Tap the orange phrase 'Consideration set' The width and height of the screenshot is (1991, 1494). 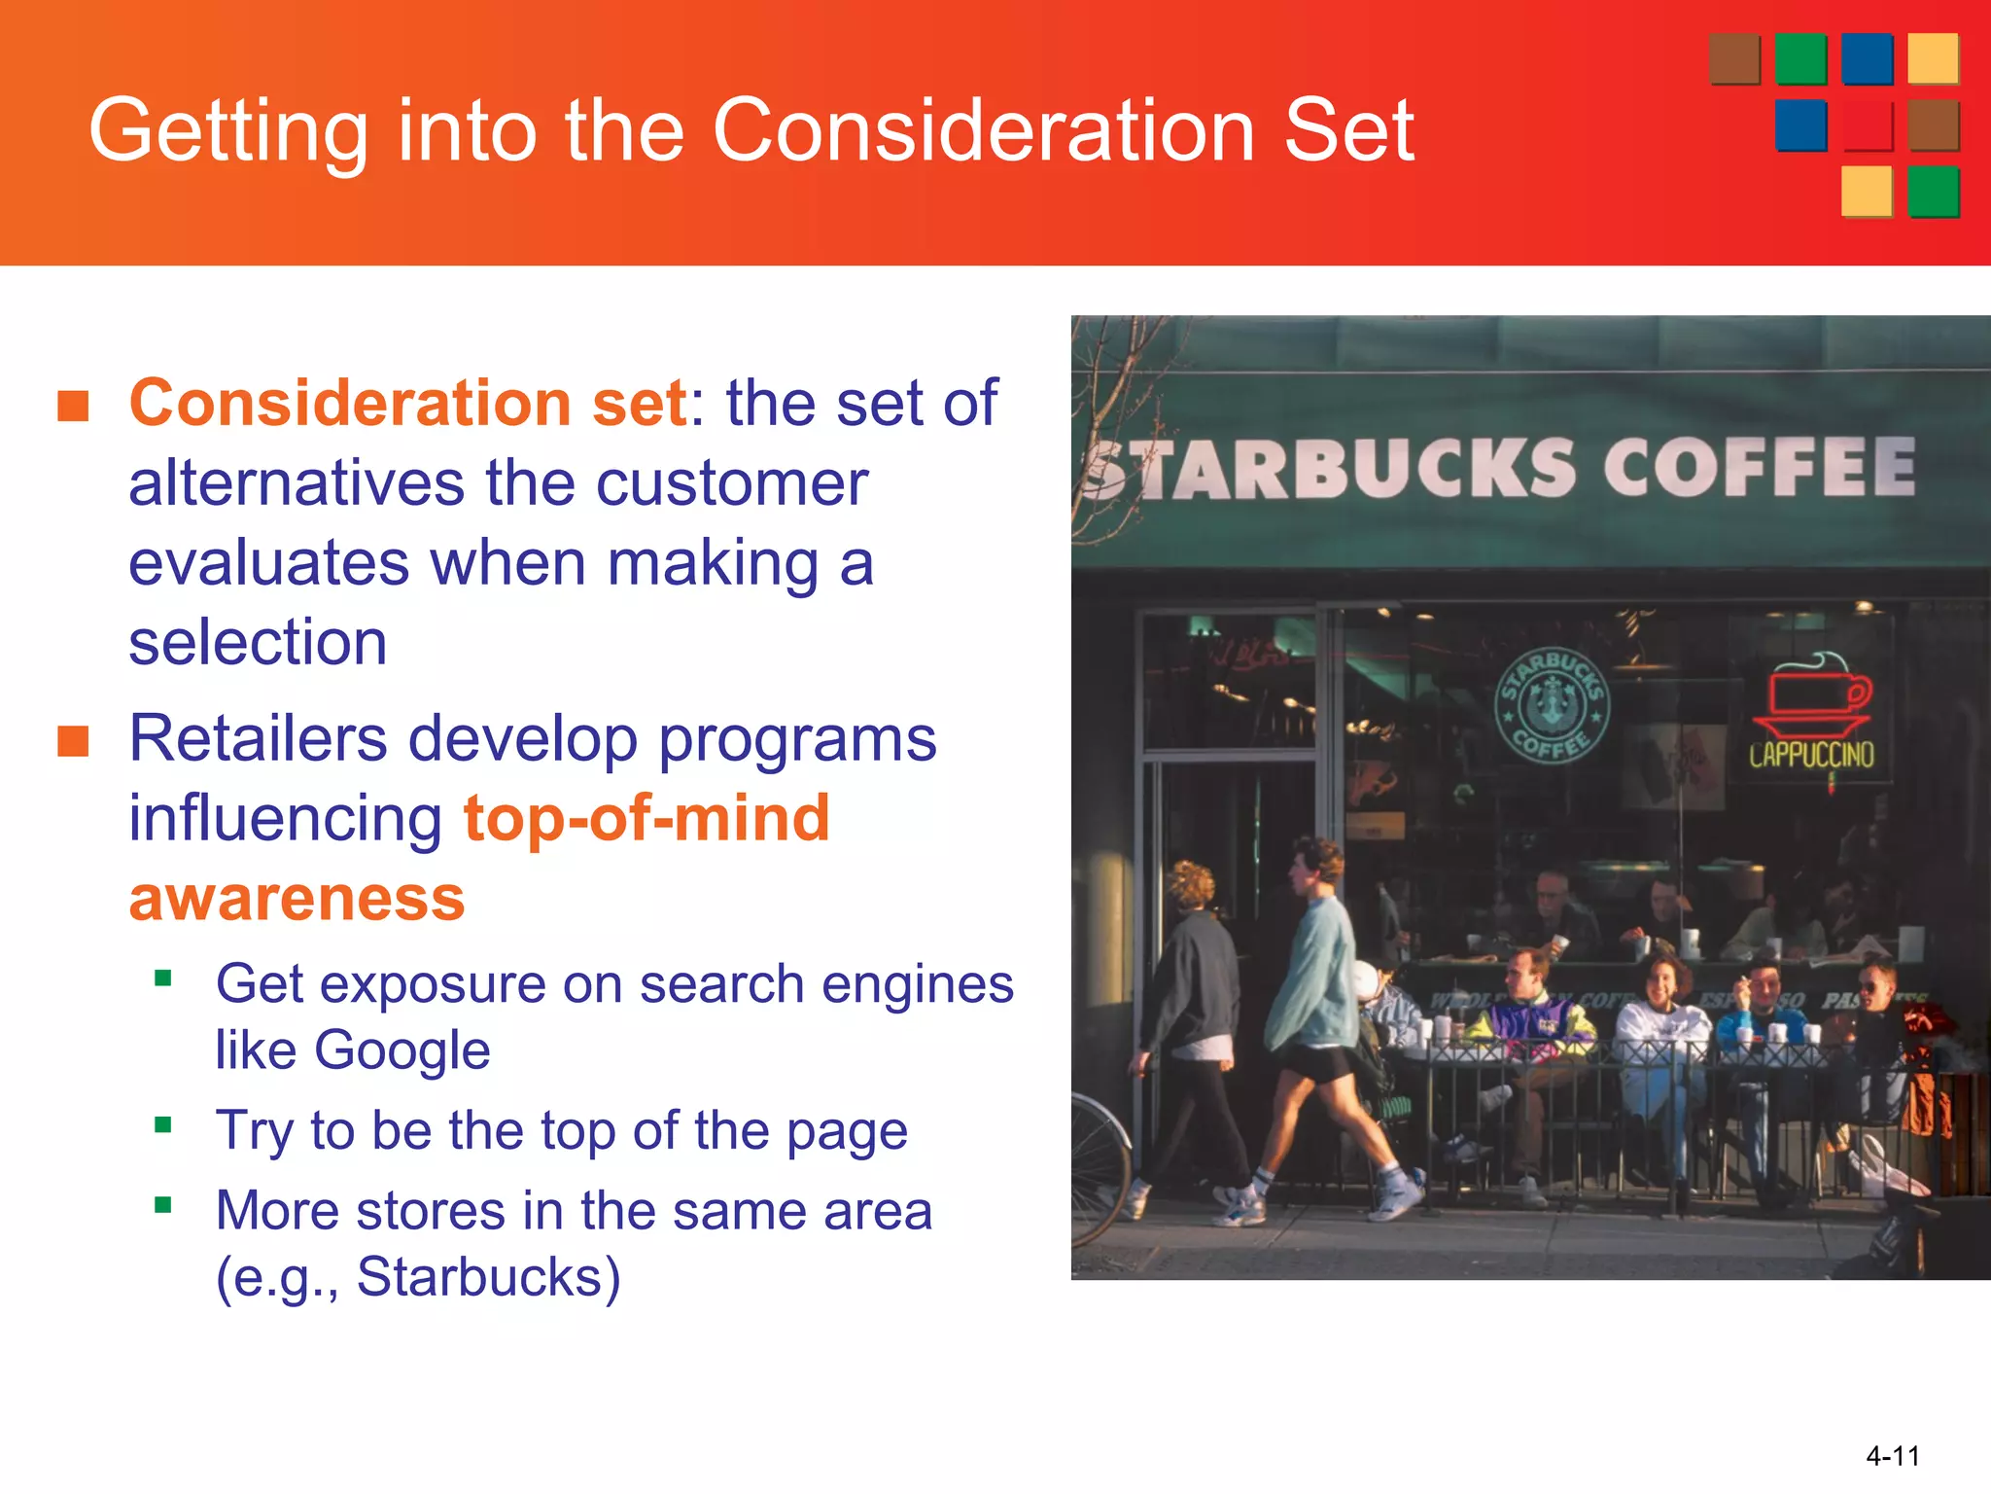tap(408, 404)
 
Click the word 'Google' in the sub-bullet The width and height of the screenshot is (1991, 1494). tap(402, 1050)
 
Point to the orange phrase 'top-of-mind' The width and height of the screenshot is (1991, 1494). tap(646, 819)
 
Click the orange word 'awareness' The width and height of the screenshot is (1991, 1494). tap(297, 899)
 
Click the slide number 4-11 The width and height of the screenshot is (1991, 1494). tap(1892, 1456)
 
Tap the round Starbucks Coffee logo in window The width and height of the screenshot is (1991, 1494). tap(1552, 705)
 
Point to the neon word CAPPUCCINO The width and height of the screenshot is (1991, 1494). tap(1811, 756)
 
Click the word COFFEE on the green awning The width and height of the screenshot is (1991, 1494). tap(1758, 468)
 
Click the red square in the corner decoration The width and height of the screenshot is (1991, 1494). tap(1868, 126)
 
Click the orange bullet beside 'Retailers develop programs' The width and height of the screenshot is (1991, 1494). tap(73, 741)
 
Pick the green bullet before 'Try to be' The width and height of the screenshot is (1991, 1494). tap(163, 1125)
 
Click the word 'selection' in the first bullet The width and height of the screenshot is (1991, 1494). tap(258, 643)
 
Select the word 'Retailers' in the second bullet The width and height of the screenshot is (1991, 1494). tap(258, 739)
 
